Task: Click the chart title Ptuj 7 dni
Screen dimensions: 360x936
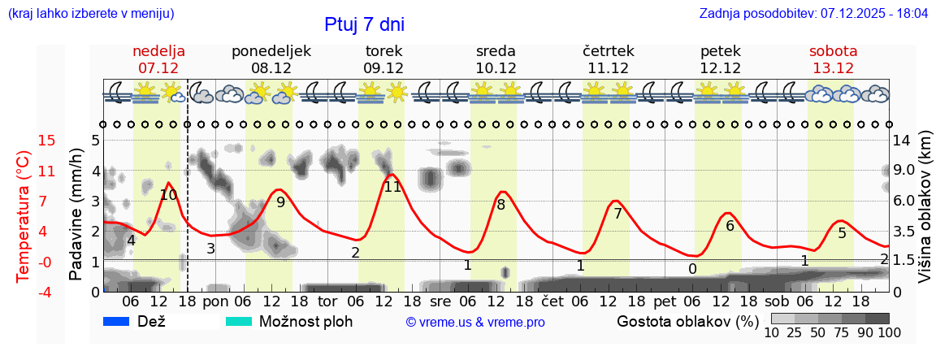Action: [364, 24]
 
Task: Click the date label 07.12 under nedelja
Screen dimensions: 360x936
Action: [158, 68]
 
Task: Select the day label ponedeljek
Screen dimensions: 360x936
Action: [271, 51]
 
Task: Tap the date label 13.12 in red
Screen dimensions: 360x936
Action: [833, 68]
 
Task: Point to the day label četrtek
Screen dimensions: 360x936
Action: [609, 51]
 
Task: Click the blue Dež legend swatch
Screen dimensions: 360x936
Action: [117, 321]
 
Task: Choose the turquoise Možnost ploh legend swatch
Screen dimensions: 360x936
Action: [239, 321]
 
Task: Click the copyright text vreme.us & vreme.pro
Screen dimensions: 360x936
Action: [475, 323]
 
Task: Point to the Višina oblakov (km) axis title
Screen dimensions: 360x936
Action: [925, 208]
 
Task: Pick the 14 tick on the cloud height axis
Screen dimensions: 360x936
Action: [903, 141]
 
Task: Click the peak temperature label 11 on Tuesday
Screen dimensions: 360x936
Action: [392, 187]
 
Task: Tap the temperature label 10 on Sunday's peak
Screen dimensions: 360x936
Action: [168, 195]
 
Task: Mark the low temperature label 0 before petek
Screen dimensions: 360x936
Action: [692, 269]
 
